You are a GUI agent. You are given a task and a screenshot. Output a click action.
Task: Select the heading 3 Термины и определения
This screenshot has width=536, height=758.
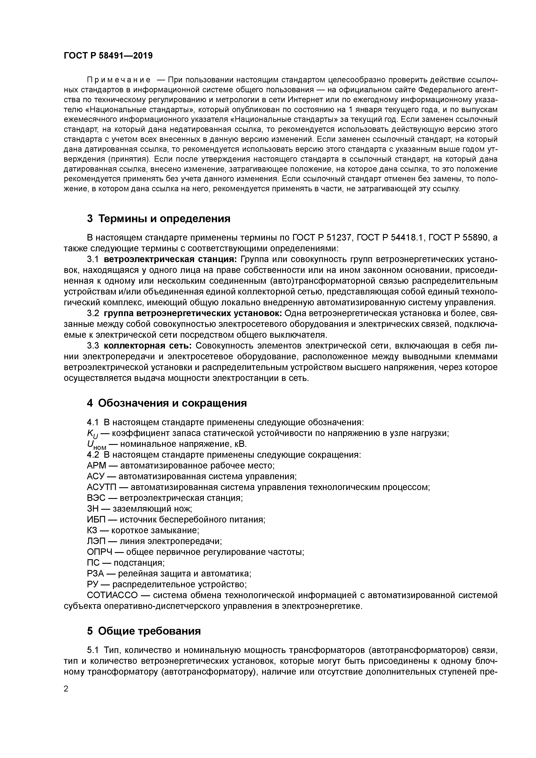(x=158, y=218)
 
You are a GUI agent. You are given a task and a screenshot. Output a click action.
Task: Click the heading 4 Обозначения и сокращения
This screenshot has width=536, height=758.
(x=167, y=403)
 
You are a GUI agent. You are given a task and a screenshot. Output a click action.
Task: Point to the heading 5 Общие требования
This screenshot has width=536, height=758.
(x=144, y=631)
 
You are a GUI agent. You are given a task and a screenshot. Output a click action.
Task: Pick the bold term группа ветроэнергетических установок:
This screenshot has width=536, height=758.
(x=193, y=313)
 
